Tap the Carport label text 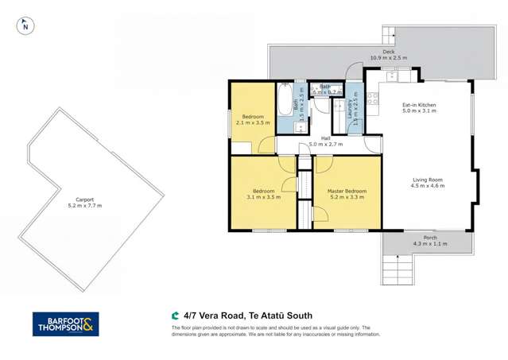[x=84, y=202]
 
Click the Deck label [x=388, y=55]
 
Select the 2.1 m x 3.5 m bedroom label [x=253, y=121]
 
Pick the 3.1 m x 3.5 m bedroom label [x=264, y=193]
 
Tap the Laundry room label [x=354, y=112]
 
